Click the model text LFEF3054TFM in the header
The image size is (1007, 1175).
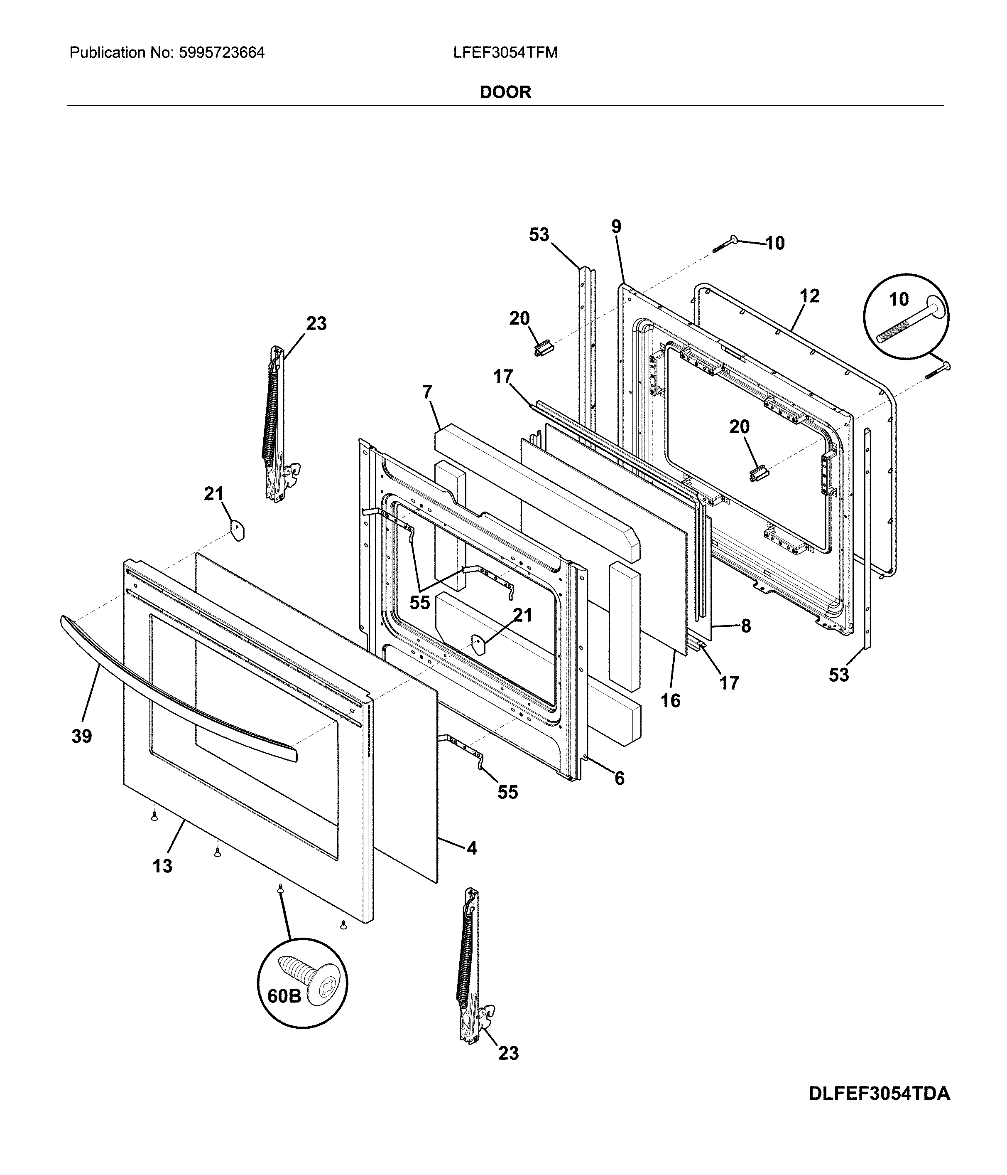click(x=505, y=53)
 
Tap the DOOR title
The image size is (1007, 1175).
click(x=505, y=92)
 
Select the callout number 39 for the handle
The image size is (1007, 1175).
click(x=82, y=736)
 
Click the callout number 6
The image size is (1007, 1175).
click(x=620, y=778)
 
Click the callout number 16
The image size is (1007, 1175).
click(x=670, y=700)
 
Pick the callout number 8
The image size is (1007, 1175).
click(x=746, y=626)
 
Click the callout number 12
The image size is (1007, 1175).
click(x=810, y=296)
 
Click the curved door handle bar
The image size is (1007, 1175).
click(x=170, y=697)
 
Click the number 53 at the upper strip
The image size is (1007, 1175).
click(x=539, y=234)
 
